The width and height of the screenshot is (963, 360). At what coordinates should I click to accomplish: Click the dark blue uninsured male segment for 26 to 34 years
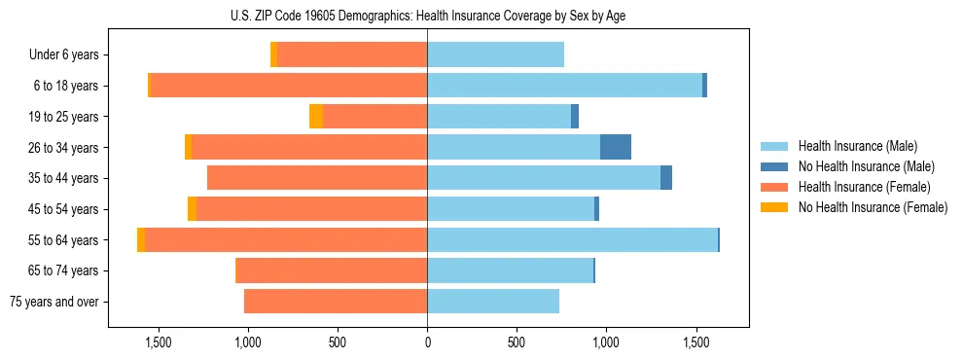tap(616, 148)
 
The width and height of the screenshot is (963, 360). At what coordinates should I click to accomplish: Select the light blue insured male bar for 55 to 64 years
tap(572, 240)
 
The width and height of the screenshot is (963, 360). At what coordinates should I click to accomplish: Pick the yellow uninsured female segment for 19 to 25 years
tap(316, 117)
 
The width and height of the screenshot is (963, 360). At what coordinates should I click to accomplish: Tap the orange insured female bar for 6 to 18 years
tap(289, 86)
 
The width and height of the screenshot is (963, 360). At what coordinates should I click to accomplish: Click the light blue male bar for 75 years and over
tap(493, 302)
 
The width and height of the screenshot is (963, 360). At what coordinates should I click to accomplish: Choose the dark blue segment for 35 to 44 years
tap(666, 178)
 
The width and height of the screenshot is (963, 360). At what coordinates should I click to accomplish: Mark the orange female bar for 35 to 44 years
tap(317, 178)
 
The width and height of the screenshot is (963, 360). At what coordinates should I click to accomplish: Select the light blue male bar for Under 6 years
tap(495, 55)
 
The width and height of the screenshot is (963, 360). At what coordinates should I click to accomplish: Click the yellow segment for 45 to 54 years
tap(192, 209)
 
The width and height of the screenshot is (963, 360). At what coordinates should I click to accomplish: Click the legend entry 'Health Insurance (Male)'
tap(857, 146)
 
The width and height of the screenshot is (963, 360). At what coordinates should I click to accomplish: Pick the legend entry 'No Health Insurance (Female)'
tap(873, 207)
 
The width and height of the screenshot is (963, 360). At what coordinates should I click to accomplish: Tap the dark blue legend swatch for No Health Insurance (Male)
tap(774, 166)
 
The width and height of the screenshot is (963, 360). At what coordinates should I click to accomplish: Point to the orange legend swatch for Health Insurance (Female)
tap(774, 187)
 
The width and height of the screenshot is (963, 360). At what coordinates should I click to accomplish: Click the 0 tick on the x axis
tap(427, 342)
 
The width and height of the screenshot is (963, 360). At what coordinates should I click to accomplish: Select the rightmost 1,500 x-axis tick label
tap(696, 342)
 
